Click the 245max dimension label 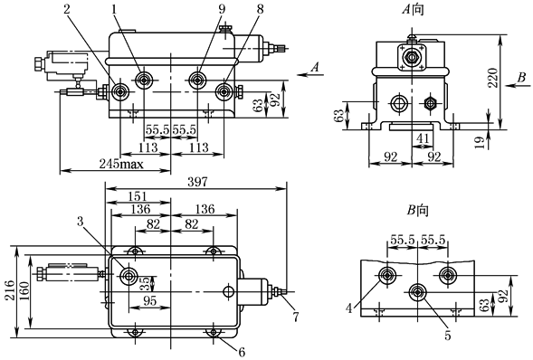tap(121, 165)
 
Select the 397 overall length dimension tap(197, 183)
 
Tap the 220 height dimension tap(493, 78)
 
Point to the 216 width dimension tap(10, 290)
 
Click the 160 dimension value tap(24, 292)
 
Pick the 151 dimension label tap(138, 196)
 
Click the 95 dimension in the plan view tap(149, 301)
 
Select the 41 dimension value tap(423, 138)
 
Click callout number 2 tap(67, 9)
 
